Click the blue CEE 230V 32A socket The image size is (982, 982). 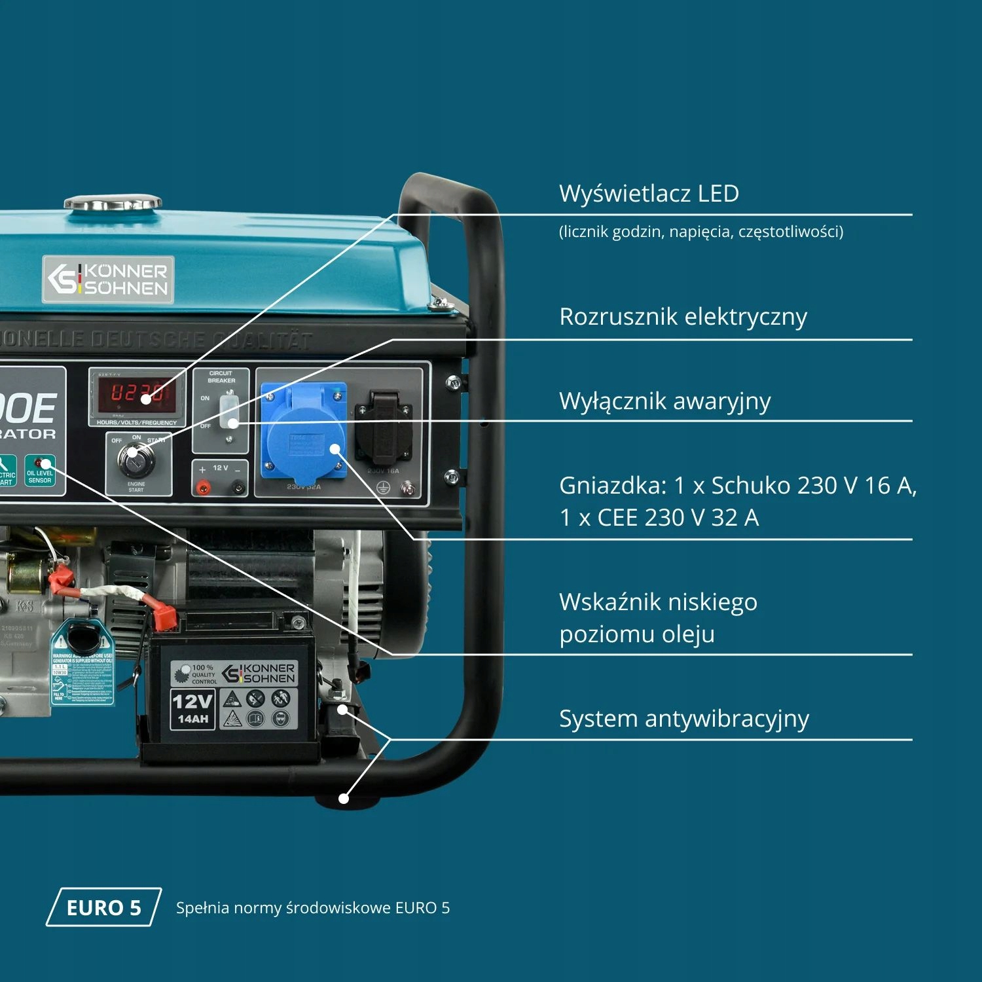[x=304, y=432]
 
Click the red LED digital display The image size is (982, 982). [x=136, y=393]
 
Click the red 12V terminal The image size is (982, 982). [x=204, y=487]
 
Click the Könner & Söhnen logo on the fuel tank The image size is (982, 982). [x=108, y=280]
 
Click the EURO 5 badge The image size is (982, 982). [x=103, y=907]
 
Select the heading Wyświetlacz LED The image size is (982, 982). [x=649, y=194]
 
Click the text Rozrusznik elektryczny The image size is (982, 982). [x=683, y=317]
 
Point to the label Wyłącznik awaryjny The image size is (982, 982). [x=664, y=401]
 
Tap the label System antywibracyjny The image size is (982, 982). [x=683, y=719]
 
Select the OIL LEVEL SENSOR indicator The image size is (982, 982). [x=40, y=471]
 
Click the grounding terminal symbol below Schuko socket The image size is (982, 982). [x=384, y=488]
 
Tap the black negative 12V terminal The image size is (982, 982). [x=238, y=487]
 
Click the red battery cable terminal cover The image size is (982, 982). [x=164, y=617]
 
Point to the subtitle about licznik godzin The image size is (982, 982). [x=700, y=232]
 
